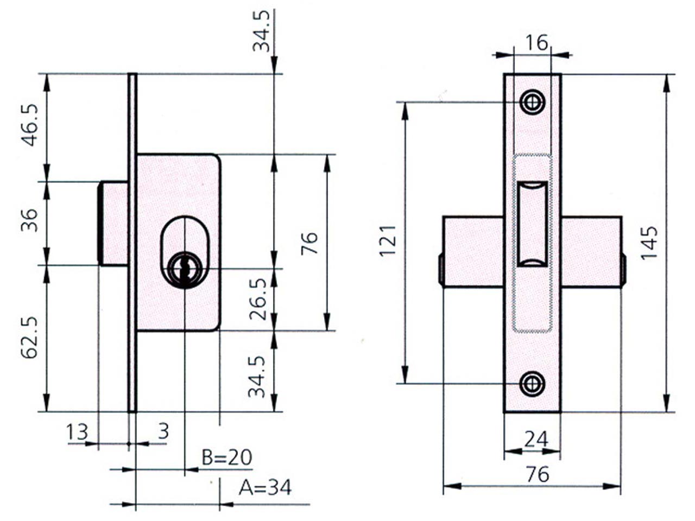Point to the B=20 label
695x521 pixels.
tap(227, 458)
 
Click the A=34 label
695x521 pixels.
tap(265, 487)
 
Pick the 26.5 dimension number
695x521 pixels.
tap(257, 299)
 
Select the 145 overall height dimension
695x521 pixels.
tap(649, 243)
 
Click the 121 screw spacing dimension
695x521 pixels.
tap(388, 241)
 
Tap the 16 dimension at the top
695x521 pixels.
tap(536, 43)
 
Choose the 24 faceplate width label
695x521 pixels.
tap(536, 440)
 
